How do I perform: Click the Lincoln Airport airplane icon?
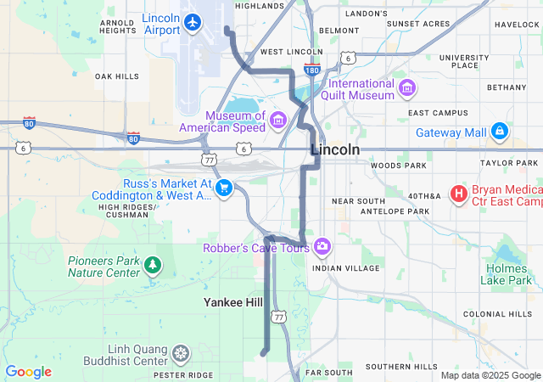[x=193, y=22]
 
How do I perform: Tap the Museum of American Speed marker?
[x=278, y=123]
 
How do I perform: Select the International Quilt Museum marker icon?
[x=407, y=87]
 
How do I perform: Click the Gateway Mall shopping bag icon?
[x=500, y=132]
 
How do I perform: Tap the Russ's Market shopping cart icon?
[x=225, y=187]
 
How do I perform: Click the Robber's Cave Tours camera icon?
[x=322, y=247]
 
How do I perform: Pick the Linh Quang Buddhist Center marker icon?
[x=182, y=352]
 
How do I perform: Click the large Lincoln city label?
[x=335, y=149]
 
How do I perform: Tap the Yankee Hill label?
[x=233, y=302]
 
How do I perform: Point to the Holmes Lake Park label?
[x=507, y=273]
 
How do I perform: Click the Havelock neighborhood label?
[x=517, y=25]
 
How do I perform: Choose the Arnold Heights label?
[x=118, y=26]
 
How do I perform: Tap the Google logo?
[x=29, y=372]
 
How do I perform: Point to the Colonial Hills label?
[x=497, y=314]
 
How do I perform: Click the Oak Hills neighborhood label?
[x=117, y=76]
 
